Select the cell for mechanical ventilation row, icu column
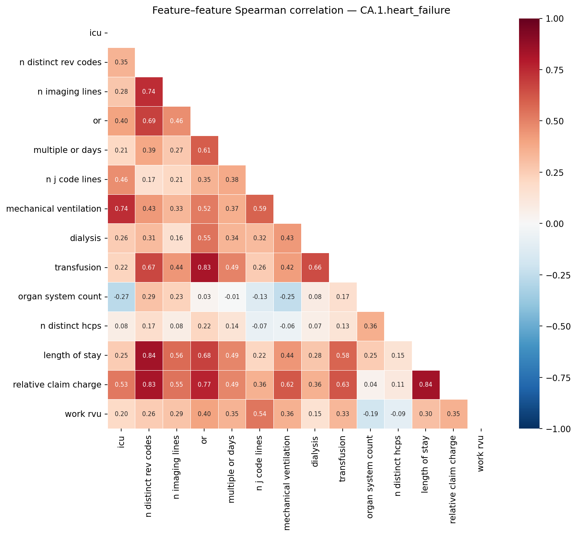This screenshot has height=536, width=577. pyautogui.click(x=121, y=209)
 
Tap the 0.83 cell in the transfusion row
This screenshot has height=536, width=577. pyautogui.click(x=204, y=268)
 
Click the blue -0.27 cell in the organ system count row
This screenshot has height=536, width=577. pyautogui.click(x=121, y=297)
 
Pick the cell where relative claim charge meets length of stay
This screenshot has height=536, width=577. pyautogui.click(x=426, y=385)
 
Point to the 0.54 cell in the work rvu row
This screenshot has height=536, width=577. pyautogui.click(x=260, y=414)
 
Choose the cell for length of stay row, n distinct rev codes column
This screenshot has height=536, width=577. pyautogui.click(x=149, y=355)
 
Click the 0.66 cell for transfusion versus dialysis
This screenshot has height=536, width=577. pyautogui.click(x=315, y=268)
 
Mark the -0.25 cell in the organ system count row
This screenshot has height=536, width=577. pyautogui.click(x=287, y=297)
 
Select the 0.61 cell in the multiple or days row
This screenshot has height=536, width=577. pyautogui.click(x=204, y=150)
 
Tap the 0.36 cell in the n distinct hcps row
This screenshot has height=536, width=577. pyautogui.click(x=370, y=326)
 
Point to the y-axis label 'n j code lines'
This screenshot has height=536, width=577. pyautogui.click(x=73, y=179)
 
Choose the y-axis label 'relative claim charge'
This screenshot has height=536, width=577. pyautogui.click(x=57, y=385)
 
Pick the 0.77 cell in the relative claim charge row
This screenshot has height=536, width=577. pyautogui.click(x=204, y=385)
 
